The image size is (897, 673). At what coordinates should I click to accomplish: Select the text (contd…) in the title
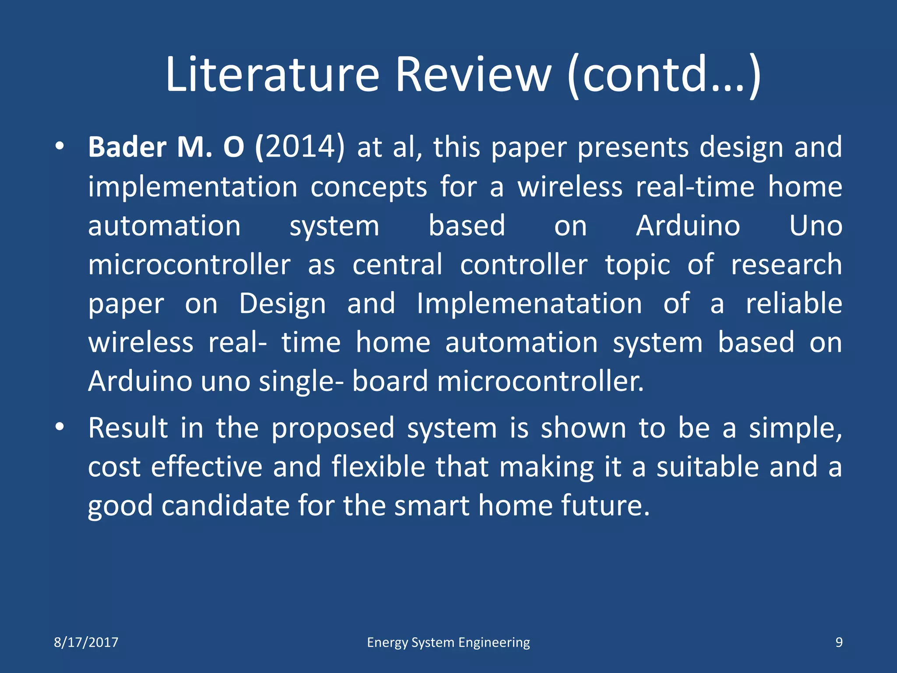click(664, 75)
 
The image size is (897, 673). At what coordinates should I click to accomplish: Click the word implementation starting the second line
click(193, 187)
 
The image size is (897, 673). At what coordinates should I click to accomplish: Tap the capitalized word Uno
click(816, 226)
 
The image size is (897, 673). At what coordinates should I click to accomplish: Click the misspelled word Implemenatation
click(529, 304)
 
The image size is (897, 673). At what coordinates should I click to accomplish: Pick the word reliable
click(794, 304)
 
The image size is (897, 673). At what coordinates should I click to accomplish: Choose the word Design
click(283, 304)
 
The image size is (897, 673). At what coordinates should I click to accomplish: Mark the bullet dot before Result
click(60, 427)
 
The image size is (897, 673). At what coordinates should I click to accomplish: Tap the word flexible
click(378, 466)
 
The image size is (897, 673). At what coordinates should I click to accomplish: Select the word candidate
click(226, 506)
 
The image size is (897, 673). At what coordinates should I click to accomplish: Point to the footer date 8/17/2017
click(86, 642)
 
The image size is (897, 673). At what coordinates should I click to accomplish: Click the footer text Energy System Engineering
click(448, 642)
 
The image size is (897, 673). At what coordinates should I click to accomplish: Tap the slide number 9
click(839, 642)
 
